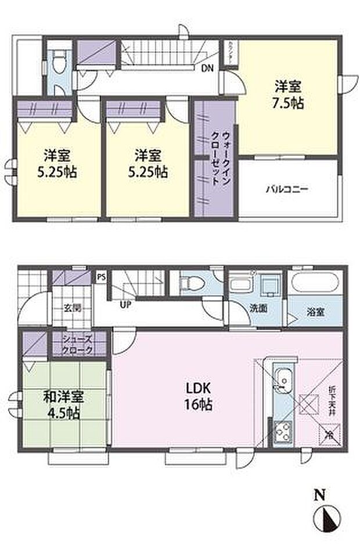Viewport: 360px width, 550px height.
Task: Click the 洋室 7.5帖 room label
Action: pyautogui.click(x=287, y=96)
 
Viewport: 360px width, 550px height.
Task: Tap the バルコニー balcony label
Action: pyautogui.click(x=287, y=189)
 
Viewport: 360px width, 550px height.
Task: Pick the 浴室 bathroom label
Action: pyautogui.click(x=315, y=312)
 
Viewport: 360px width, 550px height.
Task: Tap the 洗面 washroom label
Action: pyautogui.click(x=259, y=308)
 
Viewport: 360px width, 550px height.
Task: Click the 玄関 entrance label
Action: pyautogui.click(x=73, y=307)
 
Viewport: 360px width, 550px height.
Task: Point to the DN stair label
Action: pyautogui.click(x=207, y=69)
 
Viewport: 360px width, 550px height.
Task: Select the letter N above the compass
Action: pyautogui.click(x=319, y=495)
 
